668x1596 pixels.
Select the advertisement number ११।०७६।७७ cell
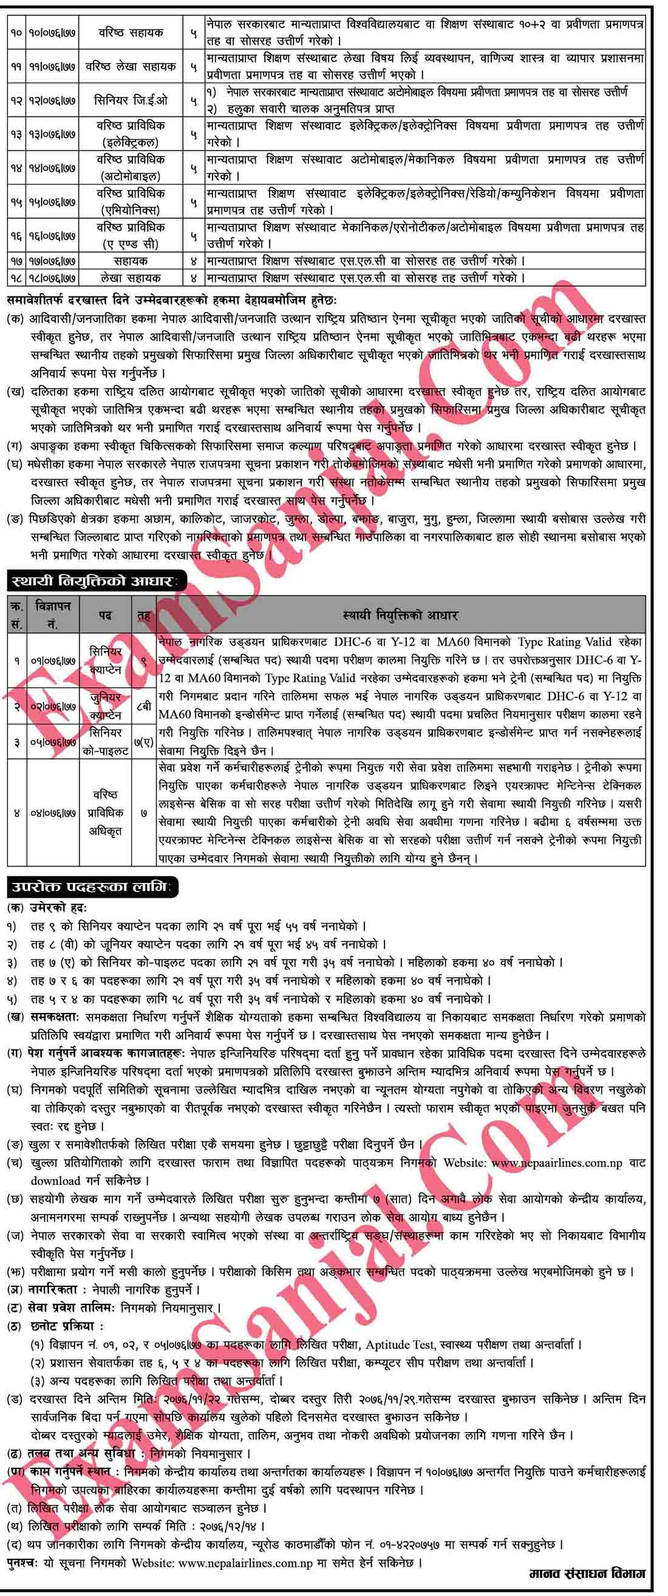53,66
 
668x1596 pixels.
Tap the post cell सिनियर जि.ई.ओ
131,100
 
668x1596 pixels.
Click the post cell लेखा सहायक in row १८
131,278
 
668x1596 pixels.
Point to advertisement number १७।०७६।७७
53,261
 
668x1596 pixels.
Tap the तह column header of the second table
144,615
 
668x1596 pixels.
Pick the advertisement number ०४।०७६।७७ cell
53,812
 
